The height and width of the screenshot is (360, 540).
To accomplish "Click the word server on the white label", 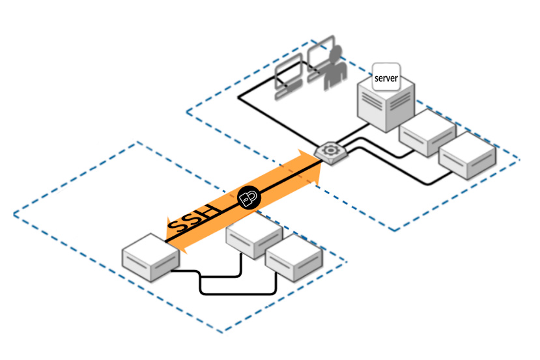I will click(x=386, y=78).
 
